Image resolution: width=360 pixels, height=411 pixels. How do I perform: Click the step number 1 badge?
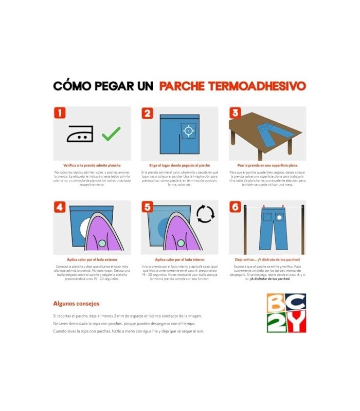coord(60,114)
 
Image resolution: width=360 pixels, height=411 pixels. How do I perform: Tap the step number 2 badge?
coord(148,114)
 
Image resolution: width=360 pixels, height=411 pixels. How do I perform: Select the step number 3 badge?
coord(236,114)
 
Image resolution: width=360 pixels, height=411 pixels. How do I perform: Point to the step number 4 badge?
coord(60,207)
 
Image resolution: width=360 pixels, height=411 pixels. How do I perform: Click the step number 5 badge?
coord(148,207)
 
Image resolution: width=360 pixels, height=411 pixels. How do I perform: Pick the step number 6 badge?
coord(236,207)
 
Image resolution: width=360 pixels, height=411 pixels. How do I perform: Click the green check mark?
coord(111,134)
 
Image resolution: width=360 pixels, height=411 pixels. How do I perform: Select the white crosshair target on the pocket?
coord(188,131)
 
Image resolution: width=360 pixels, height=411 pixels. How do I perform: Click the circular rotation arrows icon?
coord(205,214)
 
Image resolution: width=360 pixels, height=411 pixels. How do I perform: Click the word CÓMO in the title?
coord(73,86)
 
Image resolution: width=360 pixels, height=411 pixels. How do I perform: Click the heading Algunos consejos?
coord(76,304)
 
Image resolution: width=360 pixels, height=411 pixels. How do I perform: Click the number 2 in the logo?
coord(276,322)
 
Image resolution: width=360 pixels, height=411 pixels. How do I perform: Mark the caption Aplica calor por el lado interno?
coord(179,260)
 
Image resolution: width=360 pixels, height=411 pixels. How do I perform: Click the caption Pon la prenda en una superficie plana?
coord(267,166)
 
